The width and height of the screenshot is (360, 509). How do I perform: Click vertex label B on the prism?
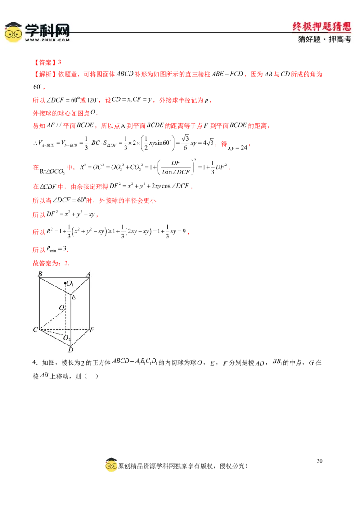(40, 274)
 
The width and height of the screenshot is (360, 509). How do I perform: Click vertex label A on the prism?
(88, 274)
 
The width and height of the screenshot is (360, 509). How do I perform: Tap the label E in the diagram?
(74, 297)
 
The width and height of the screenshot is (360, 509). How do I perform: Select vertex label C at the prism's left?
(35, 330)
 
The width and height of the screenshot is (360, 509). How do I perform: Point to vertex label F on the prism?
(92, 330)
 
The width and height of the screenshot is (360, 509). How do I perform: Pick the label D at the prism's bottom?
(70, 349)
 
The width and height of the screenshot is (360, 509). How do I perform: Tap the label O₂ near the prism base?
(67, 338)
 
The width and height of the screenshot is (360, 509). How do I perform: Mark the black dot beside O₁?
(66, 283)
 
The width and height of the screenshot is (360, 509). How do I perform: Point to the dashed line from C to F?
(67, 330)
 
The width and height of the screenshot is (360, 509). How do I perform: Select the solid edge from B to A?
(63, 278)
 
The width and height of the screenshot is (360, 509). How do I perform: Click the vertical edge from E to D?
(70, 319)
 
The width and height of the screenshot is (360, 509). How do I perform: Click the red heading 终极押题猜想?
(321, 27)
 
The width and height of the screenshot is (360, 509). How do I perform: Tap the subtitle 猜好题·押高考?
(324, 39)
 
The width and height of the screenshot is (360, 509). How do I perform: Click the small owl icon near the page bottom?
(111, 466)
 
